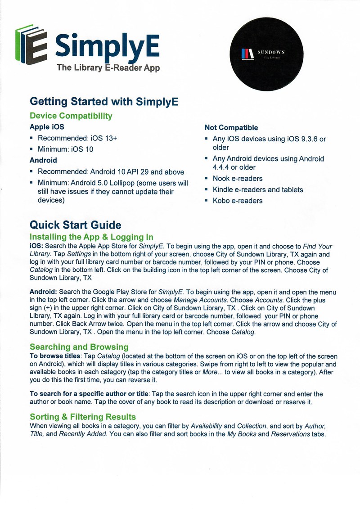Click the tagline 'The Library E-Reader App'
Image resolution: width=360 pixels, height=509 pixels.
[x=108, y=68]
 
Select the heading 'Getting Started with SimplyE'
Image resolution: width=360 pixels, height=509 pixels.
[x=104, y=101]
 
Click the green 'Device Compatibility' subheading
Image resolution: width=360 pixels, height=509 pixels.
[x=71, y=116]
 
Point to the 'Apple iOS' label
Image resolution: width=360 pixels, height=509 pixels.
[x=47, y=127]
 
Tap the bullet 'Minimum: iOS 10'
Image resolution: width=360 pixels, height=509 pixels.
[x=65, y=149]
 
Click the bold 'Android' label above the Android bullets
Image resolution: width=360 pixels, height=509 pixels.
[x=43, y=160]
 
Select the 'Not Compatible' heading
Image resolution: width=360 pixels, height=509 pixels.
[x=231, y=128]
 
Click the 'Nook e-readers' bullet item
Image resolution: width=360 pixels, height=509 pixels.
[x=238, y=178]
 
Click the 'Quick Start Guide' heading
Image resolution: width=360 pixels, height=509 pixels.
[x=75, y=225]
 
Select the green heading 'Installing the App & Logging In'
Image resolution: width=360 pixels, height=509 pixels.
[x=91, y=237]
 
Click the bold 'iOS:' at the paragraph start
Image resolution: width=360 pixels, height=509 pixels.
[x=36, y=247]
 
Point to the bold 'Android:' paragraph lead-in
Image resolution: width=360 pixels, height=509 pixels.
[x=43, y=292]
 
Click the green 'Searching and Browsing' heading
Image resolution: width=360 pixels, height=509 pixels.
[x=79, y=347]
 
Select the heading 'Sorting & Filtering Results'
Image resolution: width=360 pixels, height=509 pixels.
[x=82, y=417]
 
